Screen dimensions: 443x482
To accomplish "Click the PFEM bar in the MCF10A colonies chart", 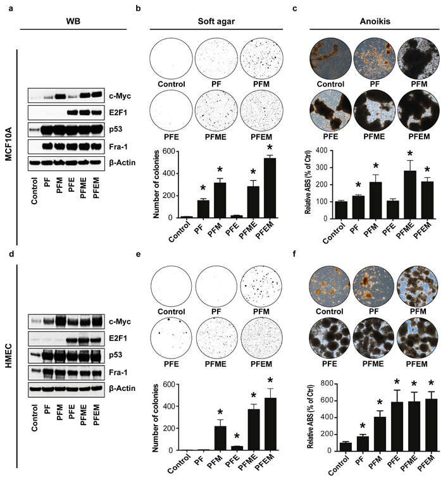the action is click(x=270, y=188).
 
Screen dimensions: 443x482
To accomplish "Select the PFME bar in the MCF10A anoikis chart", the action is click(x=410, y=195).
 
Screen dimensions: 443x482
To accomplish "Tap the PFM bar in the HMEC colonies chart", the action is click(x=220, y=438).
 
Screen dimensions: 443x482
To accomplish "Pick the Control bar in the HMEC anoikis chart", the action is click(x=346, y=447).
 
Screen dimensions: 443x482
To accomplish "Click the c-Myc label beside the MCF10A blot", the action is click(x=120, y=96).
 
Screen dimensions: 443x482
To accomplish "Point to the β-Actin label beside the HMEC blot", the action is click(x=122, y=388).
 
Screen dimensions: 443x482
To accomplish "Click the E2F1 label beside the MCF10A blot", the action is click(x=118, y=113).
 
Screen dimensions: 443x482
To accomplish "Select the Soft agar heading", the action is click(x=216, y=22).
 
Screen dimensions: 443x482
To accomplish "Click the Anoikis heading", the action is click(x=375, y=22).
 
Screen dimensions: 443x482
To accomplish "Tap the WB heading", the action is click(x=73, y=22).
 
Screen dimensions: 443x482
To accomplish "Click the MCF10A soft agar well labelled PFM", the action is click(x=261, y=58).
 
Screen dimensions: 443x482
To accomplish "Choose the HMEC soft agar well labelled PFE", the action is click(x=172, y=338).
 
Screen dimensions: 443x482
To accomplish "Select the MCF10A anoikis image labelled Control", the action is click(x=330, y=58).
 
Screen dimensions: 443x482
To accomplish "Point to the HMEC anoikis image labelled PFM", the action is click(x=418, y=286).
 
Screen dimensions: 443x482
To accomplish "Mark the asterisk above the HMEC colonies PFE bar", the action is click(x=237, y=437).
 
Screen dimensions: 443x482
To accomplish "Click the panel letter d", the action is click(x=11, y=254).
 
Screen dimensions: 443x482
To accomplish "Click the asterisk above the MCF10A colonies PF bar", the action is click(x=203, y=188).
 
